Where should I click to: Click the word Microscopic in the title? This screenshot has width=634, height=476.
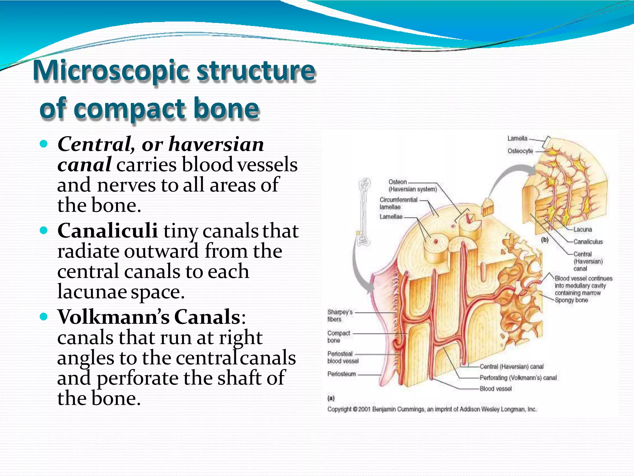pyautogui.click(x=111, y=71)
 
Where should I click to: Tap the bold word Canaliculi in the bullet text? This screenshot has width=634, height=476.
pyautogui.click(x=107, y=231)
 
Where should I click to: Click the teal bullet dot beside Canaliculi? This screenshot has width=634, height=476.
pyautogui.click(x=44, y=230)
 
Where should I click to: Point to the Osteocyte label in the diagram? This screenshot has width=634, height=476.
pyautogui.click(x=520, y=151)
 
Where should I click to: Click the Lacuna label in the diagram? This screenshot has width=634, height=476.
pyautogui.click(x=582, y=230)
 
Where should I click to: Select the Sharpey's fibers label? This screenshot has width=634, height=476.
pyautogui.click(x=340, y=315)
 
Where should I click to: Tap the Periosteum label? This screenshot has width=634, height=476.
pyautogui.click(x=341, y=374)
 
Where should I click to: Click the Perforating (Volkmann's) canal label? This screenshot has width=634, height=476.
pyautogui.click(x=518, y=378)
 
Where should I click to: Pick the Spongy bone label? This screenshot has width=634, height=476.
pyautogui.click(x=571, y=300)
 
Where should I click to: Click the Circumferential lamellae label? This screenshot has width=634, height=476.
pyautogui.click(x=398, y=203)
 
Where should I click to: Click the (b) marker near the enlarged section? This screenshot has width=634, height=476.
pyautogui.click(x=545, y=240)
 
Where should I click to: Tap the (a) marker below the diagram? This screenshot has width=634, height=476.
pyautogui.click(x=331, y=398)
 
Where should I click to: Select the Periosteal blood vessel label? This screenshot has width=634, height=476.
pyautogui.click(x=343, y=357)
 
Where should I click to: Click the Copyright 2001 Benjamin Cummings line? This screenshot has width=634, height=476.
pyautogui.click(x=432, y=409)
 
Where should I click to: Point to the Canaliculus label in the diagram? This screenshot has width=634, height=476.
pyautogui.click(x=588, y=242)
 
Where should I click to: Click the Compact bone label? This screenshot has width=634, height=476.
pyautogui.click(x=338, y=337)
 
